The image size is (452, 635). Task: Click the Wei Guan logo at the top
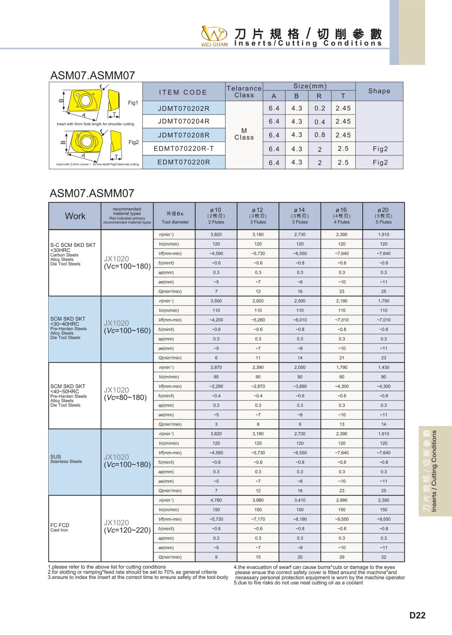(x=214, y=35)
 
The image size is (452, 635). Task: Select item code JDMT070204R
(x=184, y=121)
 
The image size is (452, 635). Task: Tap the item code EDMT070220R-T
(x=184, y=149)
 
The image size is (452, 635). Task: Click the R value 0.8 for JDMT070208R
(x=319, y=135)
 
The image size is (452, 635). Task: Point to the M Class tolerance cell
(x=244, y=134)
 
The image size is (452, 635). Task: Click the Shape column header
(x=379, y=91)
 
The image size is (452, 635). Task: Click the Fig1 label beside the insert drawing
(x=133, y=103)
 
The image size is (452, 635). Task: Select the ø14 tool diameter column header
(x=300, y=216)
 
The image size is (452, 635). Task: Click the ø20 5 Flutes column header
(x=384, y=216)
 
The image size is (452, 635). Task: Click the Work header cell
(x=75, y=216)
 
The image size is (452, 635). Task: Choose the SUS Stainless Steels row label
(x=66, y=459)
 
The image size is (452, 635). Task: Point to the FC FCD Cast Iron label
(x=60, y=528)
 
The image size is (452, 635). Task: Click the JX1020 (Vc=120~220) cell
(x=127, y=526)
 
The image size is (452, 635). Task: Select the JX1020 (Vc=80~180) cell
(x=125, y=394)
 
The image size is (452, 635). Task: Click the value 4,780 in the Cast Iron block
(x=216, y=500)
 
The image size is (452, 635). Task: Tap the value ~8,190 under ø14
(x=300, y=519)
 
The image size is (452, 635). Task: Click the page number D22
(x=417, y=615)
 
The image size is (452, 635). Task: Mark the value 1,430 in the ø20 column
(x=384, y=368)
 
